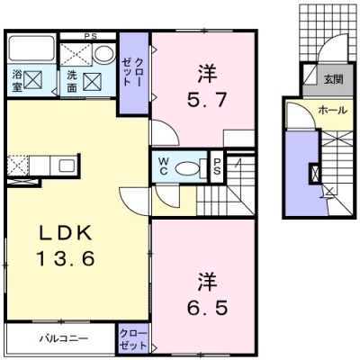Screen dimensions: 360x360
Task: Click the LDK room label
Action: tap(66, 233)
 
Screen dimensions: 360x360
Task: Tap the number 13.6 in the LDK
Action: tap(66, 258)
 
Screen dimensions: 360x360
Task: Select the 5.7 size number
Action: tap(207, 99)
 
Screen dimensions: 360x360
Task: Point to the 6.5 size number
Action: tap(207, 307)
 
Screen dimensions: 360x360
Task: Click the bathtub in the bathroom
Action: tap(31, 49)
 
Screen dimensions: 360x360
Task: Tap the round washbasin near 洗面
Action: tap(104, 54)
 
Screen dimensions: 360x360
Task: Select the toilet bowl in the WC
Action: tap(187, 168)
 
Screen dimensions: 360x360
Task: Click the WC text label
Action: tap(164, 166)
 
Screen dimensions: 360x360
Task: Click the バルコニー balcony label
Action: tap(65, 338)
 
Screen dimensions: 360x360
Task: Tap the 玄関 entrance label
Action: tap(333, 80)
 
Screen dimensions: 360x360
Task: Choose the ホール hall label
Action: tap(332, 111)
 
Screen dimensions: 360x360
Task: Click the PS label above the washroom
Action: tap(90, 37)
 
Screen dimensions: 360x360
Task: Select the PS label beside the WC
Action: tap(217, 166)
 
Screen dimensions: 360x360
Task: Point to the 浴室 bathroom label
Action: tap(16, 81)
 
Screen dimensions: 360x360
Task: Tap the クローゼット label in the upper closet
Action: tap(131, 72)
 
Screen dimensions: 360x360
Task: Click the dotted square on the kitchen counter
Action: tap(18, 165)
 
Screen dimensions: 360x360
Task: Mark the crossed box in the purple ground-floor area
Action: tap(315, 174)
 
